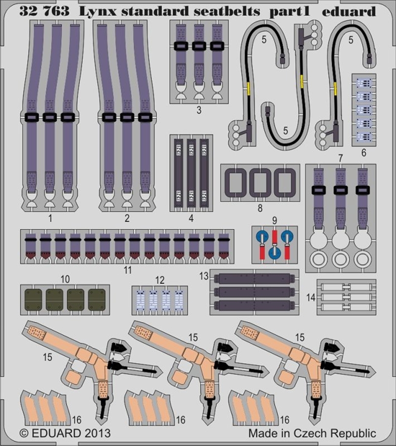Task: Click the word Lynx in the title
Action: coord(97,12)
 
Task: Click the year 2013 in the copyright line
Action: coord(95,433)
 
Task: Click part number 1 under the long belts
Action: coord(51,218)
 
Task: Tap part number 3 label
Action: coord(199,110)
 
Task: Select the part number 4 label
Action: coord(191,218)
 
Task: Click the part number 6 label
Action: coord(364,153)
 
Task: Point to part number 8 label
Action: coord(260,208)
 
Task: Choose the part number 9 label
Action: coord(274,220)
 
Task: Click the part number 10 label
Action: coord(65,279)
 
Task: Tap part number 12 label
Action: coord(160,280)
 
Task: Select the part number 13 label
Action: coord(204,276)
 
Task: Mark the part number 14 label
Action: coord(311,298)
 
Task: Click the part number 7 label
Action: coord(341,158)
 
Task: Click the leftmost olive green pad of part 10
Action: coord(33,300)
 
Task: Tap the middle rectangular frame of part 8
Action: coord(260,183)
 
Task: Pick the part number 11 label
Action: coord(128,270)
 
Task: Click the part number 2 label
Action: coord(127,218)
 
